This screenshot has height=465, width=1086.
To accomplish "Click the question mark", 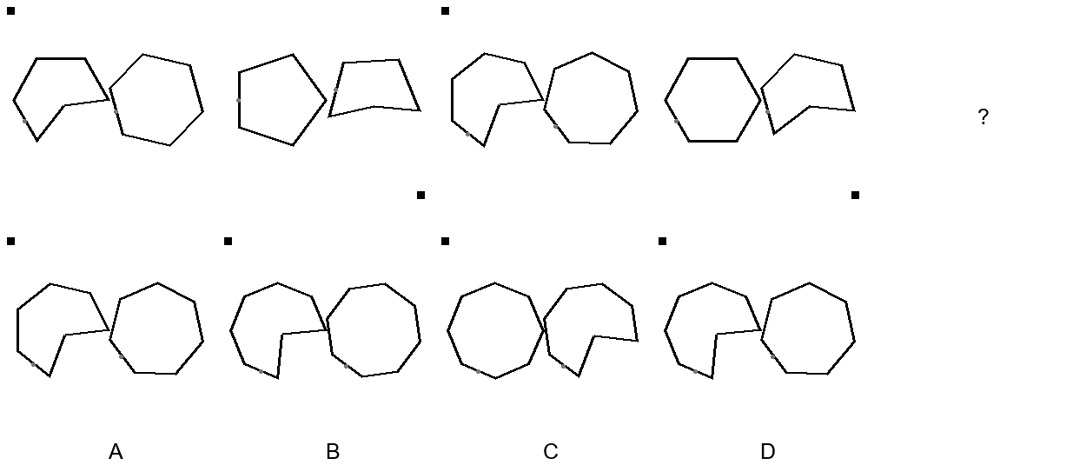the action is [x=983, y=116].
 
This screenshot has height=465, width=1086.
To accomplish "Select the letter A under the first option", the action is [x=116, y=451].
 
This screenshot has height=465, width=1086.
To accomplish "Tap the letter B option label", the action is [x=333, y=451].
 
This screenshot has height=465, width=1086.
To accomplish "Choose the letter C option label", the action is [x=550, y=451].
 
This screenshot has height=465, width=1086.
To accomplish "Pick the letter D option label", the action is [x=767, y=451].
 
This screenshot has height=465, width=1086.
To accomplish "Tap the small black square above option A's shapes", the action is [x=11, y=241].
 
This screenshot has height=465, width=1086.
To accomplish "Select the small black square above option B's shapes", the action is [x=228, y=241].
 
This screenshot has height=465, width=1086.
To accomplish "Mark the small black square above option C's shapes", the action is [x=446, y=241].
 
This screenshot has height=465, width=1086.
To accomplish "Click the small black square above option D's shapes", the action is [x=663, y=241].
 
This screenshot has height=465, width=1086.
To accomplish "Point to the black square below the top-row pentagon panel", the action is [x=420, y=195].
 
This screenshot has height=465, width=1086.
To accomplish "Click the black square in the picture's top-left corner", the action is [x=11, y=10].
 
